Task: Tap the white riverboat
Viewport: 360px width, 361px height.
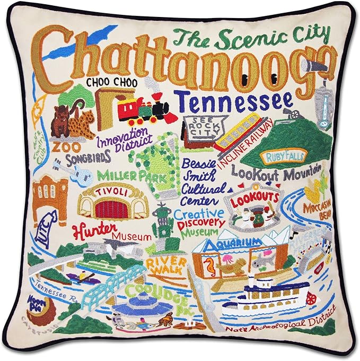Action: click(269, 300)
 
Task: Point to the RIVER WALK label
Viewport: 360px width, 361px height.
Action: click(168, 265)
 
